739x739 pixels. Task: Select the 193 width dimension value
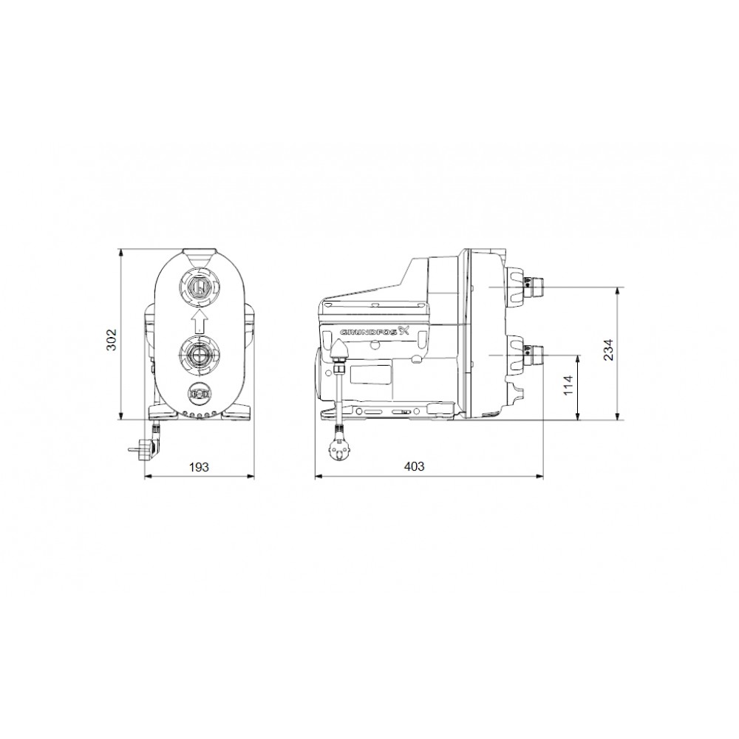pos(199,467)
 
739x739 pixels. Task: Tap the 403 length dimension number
pos(415,467)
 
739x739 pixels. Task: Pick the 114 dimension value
pos(568,386)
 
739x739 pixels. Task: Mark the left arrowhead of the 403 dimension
pos(318,477)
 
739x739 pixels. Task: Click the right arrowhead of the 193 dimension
pos(251,477)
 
